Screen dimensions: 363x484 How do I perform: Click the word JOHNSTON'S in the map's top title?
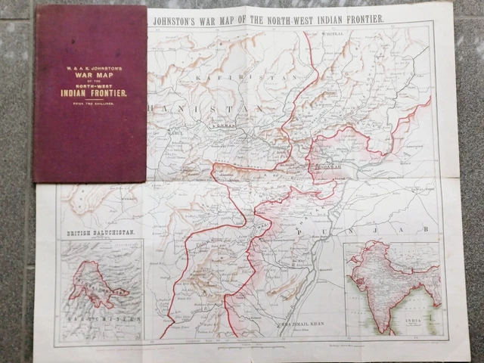[179, 19]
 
